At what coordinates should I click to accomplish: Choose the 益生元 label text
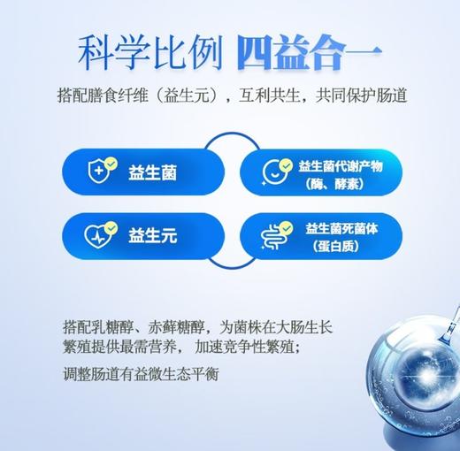(152, 236)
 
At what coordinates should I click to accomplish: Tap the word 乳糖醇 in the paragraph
(130, 325)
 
